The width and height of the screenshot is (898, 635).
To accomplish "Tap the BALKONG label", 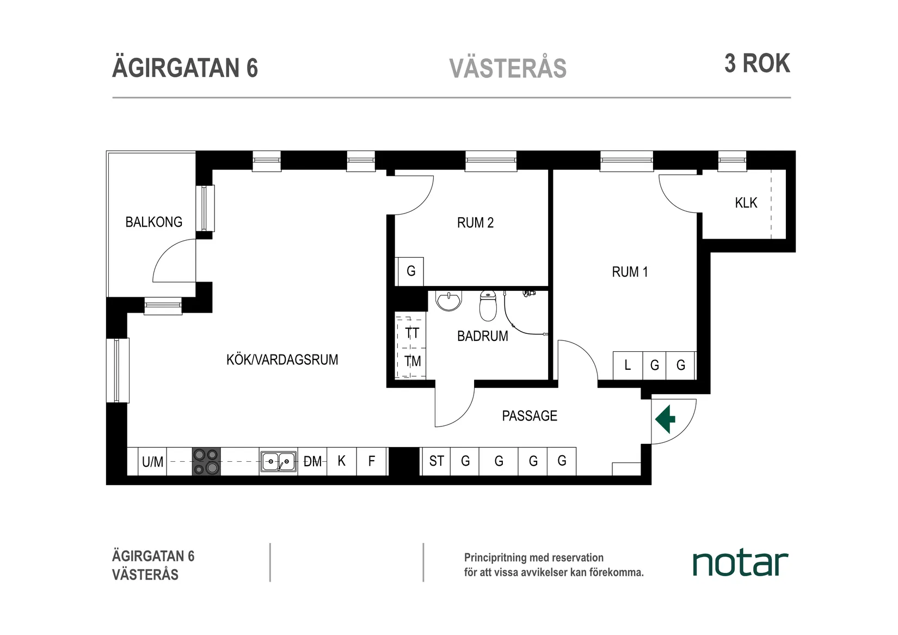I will coord(153,222).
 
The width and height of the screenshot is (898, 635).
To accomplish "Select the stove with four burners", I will coord(206,461).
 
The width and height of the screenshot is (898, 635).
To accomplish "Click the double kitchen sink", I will coord(278,462).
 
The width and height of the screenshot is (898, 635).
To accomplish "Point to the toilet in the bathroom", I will coord(488,306).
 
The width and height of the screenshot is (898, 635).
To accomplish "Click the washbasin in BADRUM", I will coord(449,300).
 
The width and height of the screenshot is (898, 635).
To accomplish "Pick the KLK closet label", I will coord(746,203).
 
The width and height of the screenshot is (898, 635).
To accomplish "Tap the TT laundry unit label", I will coord(412,333).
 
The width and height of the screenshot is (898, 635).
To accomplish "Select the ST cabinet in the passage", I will coord(436,461).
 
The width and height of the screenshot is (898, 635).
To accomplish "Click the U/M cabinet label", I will coord(152,462).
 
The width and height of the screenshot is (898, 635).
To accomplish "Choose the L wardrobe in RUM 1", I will coord(628,365).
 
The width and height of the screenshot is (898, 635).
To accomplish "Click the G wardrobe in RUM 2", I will coord(411,271).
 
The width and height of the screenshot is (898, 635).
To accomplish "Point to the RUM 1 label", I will coord(630,272).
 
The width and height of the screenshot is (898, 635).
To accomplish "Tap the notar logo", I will coord(740,564).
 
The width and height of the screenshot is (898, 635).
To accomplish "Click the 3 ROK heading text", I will coord(756,64).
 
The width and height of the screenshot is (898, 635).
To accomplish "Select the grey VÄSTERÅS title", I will coord(508,69).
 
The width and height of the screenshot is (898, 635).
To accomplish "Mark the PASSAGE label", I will coord(529,416).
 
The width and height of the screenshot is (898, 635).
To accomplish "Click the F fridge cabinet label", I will coord(371,461).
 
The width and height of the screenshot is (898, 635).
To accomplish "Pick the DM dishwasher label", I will coord(312,462).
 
